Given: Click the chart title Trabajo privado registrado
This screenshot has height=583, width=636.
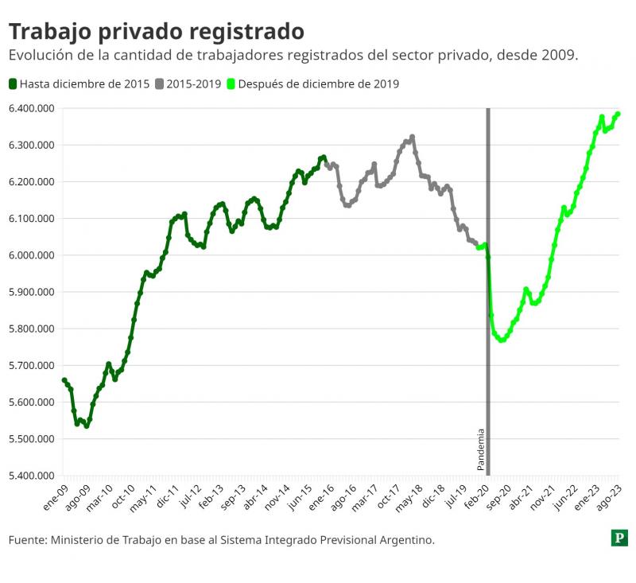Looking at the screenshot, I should point(156,31).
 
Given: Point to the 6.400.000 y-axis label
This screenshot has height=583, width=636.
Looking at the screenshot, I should point(32,108).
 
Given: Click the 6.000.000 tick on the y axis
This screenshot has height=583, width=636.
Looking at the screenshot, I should point(32,255).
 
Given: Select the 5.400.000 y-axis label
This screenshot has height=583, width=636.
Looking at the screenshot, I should point(32,476).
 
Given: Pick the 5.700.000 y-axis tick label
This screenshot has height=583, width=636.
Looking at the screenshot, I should point(32,366).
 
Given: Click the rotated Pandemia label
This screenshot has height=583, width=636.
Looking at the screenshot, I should point(480,449).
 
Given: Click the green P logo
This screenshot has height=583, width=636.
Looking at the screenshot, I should point(619,538).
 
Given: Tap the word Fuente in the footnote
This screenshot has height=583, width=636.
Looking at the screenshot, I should point(26,540).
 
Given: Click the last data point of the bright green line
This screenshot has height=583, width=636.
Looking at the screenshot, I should point(618,114).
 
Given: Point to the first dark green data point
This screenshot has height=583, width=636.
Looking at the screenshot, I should point(64,380).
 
